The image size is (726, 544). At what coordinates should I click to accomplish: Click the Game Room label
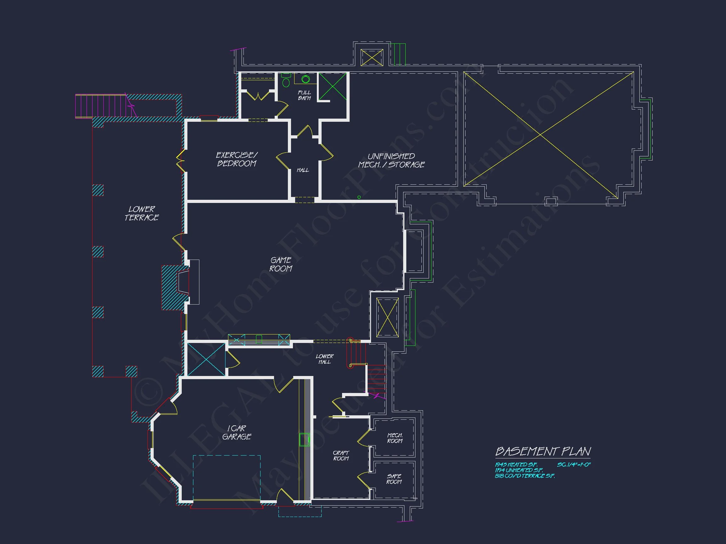point(281,264)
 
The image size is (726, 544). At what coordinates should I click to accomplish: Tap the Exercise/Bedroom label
point(237,159)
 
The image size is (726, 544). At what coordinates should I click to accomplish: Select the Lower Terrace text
point(142,213)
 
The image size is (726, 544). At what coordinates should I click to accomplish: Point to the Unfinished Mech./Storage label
point(391,160)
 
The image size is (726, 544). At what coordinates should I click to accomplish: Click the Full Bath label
point(304,95)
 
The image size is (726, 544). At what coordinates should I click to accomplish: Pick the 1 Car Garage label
point(237,433)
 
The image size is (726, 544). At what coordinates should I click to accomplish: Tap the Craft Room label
point(341,456)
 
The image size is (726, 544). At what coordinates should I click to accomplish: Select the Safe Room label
point(394,479)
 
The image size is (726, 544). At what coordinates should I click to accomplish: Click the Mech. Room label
point(395,438)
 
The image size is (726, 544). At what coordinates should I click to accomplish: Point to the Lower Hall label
point(325,359)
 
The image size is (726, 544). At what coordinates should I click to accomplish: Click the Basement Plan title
point(543,451)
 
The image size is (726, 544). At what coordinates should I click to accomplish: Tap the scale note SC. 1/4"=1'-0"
point(574,465)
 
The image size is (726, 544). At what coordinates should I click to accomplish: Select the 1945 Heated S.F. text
point(516,465)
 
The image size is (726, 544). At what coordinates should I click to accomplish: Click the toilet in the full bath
point(286,81)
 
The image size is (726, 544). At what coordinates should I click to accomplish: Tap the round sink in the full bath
point(306,79)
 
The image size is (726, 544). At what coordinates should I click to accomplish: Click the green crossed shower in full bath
point(333,87)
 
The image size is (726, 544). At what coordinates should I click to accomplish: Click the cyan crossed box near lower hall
point(206,359)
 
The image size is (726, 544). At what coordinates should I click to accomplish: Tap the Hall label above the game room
point(303,170)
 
